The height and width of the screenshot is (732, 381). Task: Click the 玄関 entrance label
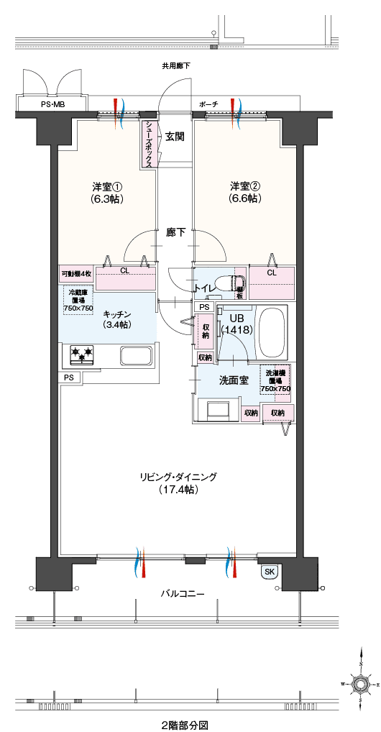tap(175, 136)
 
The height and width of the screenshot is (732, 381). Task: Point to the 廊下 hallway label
tap(176, 232)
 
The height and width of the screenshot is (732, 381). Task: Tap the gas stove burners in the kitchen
tap(81, 354)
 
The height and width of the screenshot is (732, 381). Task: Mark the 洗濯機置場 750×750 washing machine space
tap(275, 380)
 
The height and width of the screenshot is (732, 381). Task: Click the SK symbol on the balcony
tap(270, 572)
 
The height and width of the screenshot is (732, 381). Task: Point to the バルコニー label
tap(181, 595)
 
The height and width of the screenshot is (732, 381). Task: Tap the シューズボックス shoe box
tap(148, 144)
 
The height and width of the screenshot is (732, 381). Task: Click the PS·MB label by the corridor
tap(52, 105)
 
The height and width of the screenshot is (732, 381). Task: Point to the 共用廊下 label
tap(176, 65)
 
